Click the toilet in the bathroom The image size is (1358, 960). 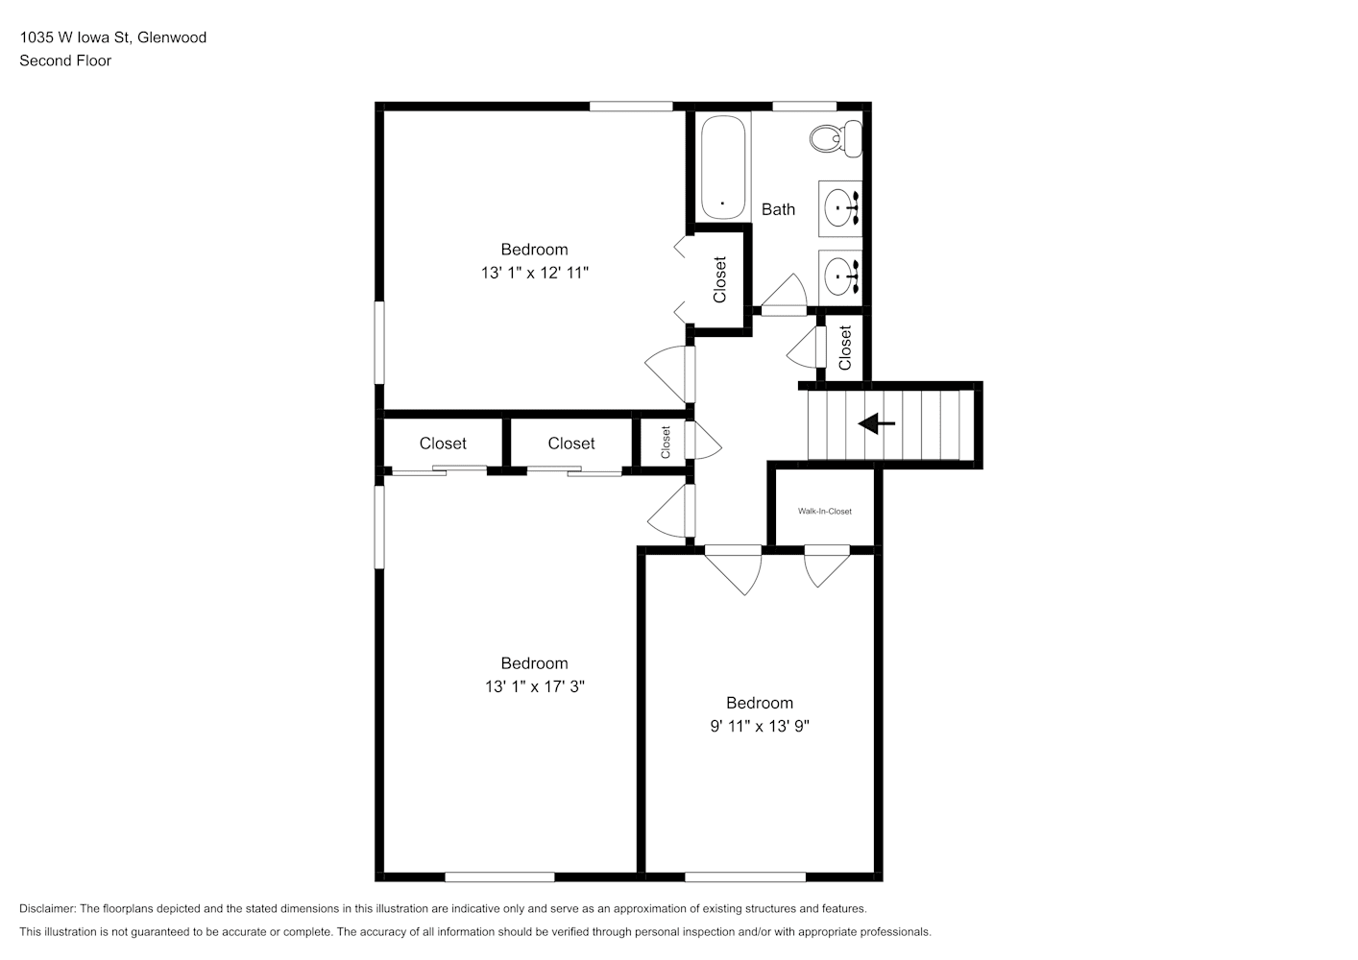click(x=836, y=139)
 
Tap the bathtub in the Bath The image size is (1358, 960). click(x=722, y=166)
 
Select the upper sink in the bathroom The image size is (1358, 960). click(x=840, y=208)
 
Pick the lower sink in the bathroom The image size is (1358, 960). click(x=840, y=277)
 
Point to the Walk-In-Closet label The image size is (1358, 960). click(x=824, y=511)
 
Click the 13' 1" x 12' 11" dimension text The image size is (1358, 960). click(x=535, y=273)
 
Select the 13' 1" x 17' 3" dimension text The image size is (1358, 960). click(x=535, y=686)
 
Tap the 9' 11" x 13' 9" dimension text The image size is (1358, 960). click(x=760, y=726)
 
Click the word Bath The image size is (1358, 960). click(x=779, y=209)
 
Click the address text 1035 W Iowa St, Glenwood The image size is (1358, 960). click(x=113, y=37)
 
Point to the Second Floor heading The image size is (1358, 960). click(x=65, y=60)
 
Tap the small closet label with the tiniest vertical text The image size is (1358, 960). click(x=666, y=442)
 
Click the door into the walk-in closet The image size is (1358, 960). click(x=827, y=566)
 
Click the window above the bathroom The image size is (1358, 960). click(x=805, y=107)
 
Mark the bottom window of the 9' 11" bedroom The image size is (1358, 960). click(x=745, y=877)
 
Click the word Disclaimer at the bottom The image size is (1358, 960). click(x=47, y=908)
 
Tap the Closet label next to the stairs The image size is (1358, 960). click(x=845, y=348)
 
